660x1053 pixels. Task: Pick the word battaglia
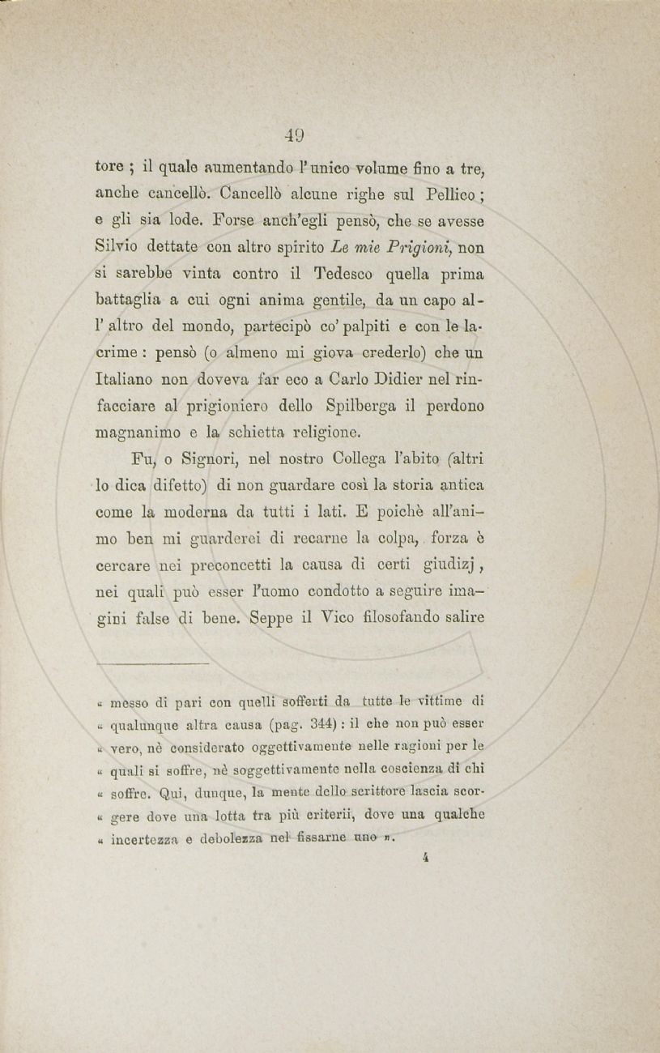[x=131, y=301]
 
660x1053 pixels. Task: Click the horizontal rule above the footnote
[x=151, y=663]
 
